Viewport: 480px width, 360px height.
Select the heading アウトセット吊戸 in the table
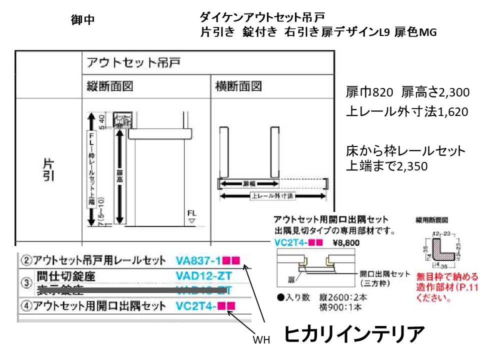coord(133,63)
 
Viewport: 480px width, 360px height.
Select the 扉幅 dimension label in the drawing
coord(249,183)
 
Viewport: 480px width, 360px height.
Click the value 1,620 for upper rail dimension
coord(452,111)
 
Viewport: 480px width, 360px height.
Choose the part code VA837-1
coord(198,260)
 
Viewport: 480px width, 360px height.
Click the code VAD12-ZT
coord(203,275)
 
